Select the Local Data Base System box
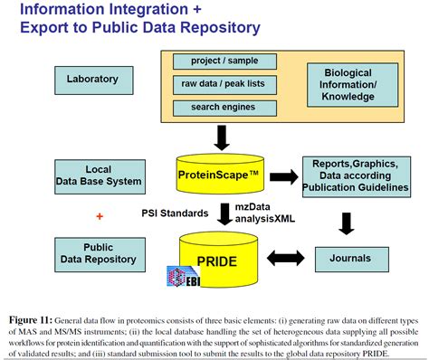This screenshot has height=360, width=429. [x=99, y=175]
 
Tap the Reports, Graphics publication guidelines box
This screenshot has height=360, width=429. [x=355, y=175]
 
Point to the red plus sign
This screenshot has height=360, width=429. [x=100, y=217]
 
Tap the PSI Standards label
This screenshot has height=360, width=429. [x=176, y=214]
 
